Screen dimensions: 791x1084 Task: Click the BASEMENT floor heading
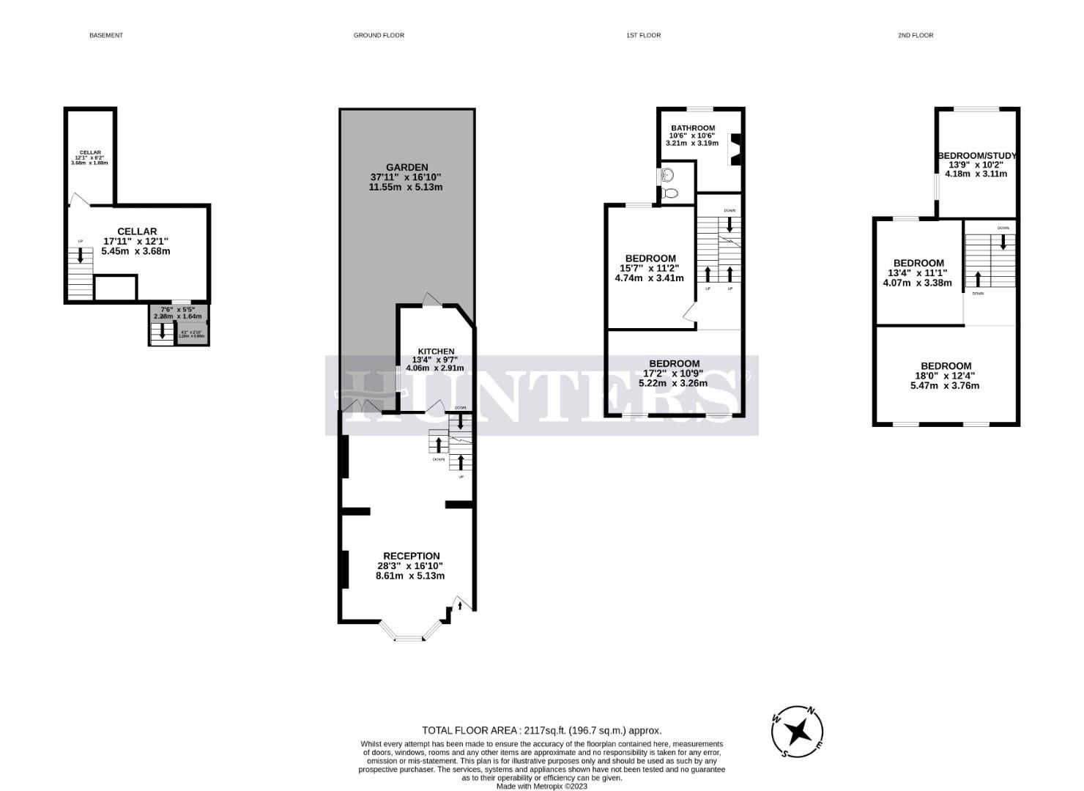(x=106, y=35)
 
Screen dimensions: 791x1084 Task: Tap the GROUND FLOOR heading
(x=379, y=35)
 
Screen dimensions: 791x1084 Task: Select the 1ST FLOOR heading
(x=643, y=35)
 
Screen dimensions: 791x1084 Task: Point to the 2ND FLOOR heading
(x=916, y=35)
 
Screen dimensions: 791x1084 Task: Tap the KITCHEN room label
(x=436, y=352)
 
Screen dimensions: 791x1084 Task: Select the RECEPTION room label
(x=411, y=556)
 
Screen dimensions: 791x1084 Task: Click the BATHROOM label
(x=693, y=128)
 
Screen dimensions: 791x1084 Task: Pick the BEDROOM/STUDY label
(x=976, y=156)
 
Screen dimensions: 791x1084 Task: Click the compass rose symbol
(x=798, y=731)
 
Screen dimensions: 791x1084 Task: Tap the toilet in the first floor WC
(x=670, y=193)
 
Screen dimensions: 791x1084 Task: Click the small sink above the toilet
(x=667, y=175)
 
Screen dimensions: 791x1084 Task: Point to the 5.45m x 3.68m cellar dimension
(x=137, y=251)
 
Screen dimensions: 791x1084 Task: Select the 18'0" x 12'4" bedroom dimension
(x=946, y=376)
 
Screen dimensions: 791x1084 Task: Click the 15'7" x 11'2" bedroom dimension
(x=650, y=268)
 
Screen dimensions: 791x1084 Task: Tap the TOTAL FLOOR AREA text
(x=541, y=730)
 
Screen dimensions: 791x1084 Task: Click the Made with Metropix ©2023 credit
(x=541, y=786)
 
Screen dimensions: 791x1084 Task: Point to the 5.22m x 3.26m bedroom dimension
(x=674, y=383)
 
